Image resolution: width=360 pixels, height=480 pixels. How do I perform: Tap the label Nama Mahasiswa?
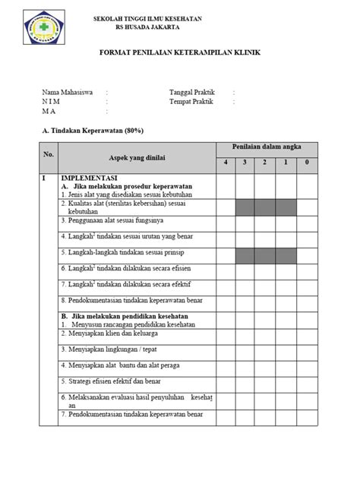pyautogui.click(x=68, y=92)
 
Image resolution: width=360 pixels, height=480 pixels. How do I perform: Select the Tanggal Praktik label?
pyautogui.click(x=193, y=92)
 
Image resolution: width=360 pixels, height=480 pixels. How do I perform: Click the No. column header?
pyautogui.click(x=49, y=155)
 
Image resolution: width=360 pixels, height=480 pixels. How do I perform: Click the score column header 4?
pyautogui.click(x=226, y=163)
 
